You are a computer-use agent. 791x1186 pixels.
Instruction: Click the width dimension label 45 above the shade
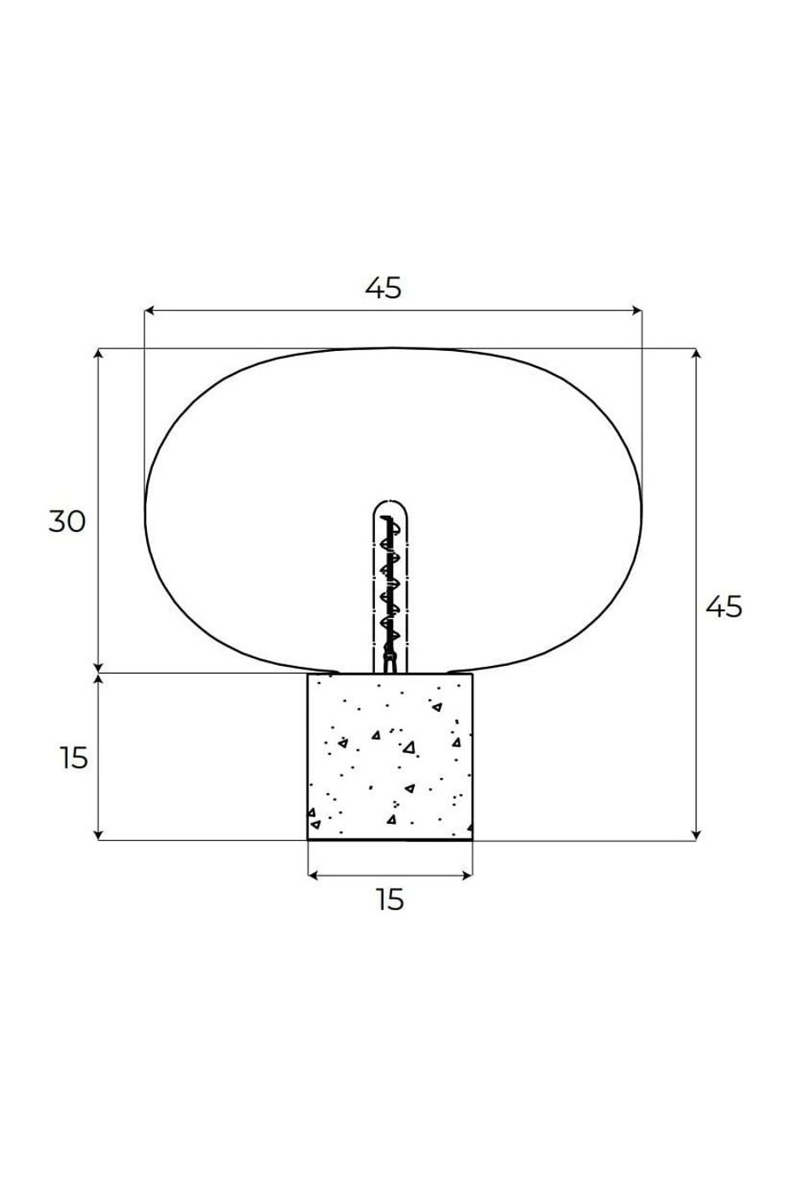(383, 288)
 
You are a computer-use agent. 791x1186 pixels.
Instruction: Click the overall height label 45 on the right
(724, 606)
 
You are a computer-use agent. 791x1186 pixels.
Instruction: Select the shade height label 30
(67, 521)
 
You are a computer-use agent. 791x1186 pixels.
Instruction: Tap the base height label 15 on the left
(73, 757)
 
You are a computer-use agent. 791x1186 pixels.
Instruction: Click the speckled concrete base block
(390, 757)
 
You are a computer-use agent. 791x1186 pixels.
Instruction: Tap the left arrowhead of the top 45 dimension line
(149, 310)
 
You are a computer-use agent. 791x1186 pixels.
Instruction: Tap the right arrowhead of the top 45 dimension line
(637, 310)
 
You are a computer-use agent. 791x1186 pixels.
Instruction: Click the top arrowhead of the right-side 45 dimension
(695, 353)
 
